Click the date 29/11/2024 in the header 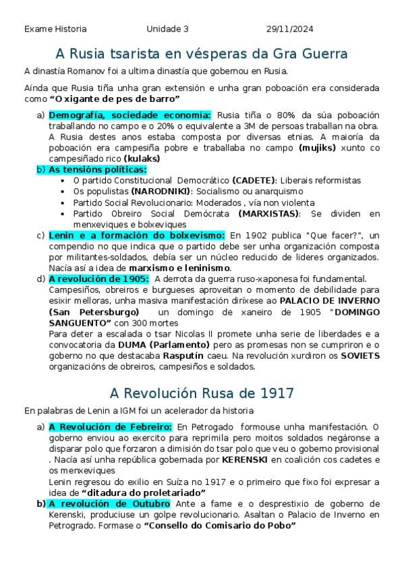point(289,29)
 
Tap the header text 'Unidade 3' point(167,29)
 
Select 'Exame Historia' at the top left point(55,29)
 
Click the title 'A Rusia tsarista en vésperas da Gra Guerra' point(202,53)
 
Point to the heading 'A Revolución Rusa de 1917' point(202,393)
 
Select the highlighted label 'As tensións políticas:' point(97,169)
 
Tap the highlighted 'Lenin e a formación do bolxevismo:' point(136,235)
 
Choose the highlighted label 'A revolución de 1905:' point(98,279)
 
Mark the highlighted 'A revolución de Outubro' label point(109,504)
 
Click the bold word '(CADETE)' point(254,181)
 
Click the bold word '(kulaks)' point(142,159)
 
